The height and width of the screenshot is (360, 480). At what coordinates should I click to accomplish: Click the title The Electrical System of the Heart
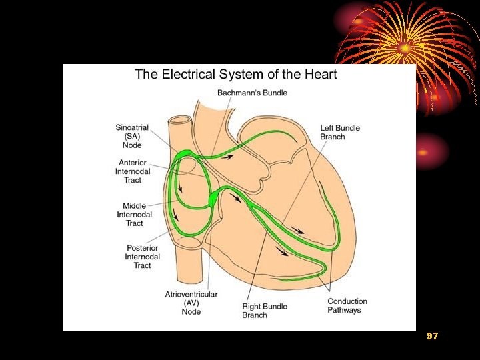click(236, 74)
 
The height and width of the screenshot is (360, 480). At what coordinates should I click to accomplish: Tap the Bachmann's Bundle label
click(252, 93)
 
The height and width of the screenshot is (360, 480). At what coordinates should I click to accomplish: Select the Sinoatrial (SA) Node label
click(132, 136)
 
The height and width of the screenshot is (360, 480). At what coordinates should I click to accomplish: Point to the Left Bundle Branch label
click(341, 132)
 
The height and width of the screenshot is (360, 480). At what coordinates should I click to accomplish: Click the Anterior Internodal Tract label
click(133, 171)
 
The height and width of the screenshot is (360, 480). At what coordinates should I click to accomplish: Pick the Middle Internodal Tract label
click(135, 215)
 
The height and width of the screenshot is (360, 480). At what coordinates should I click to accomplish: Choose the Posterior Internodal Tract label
click(143, 257)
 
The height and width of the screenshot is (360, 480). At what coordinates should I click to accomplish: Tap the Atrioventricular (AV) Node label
click(191, 303)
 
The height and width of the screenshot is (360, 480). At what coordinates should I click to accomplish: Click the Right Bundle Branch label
click(264, 311)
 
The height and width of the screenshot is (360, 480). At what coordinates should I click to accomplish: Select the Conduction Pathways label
click(347, 305)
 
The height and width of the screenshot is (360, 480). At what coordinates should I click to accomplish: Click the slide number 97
click(433, 337)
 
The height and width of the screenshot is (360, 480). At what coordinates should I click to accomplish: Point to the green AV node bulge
click(212, 199)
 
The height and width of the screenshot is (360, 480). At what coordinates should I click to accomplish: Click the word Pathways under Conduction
click(344, 310)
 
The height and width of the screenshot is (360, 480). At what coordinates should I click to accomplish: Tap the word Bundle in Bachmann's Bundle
click(273, 93)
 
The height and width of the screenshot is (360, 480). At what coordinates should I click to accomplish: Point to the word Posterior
click(143, 248)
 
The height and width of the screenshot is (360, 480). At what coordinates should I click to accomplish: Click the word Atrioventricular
click(191, 294)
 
